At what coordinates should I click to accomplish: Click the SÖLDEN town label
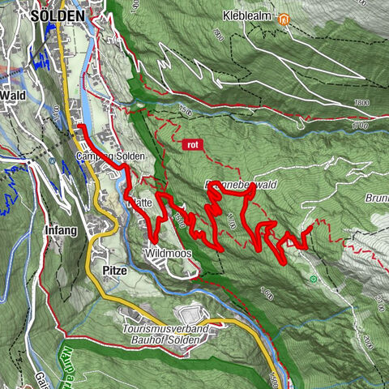[57, 15]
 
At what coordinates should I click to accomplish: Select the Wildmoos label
[168, 254]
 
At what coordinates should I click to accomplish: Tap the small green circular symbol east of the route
[312, 279]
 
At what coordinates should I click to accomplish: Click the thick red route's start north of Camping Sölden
[79, 127]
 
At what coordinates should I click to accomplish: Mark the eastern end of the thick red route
[310, 232]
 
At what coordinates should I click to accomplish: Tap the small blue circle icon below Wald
[51, 160]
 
